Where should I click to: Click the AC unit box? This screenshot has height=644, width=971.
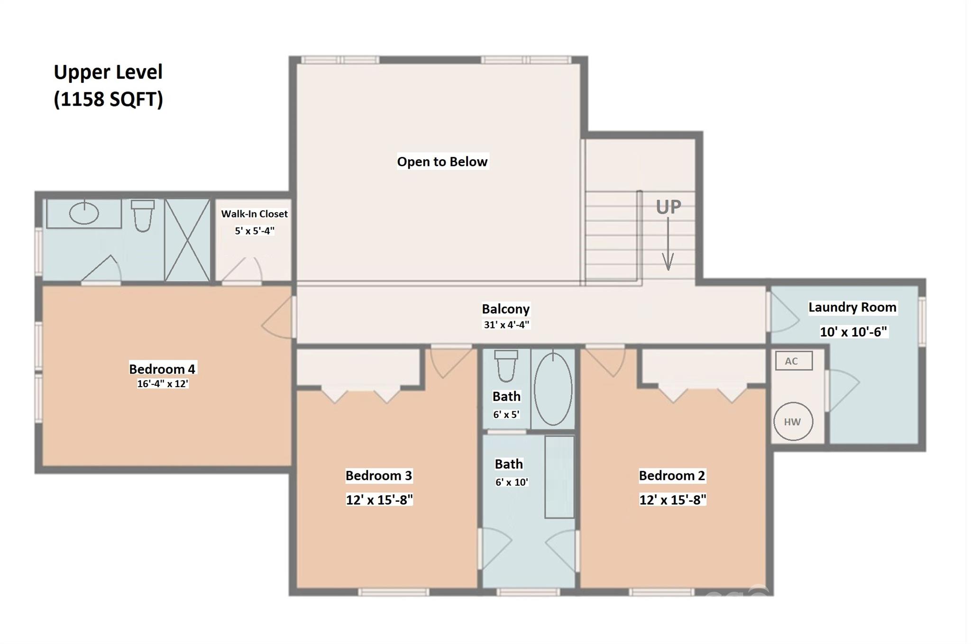[794, 361]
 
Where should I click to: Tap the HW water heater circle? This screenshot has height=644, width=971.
[793, 421]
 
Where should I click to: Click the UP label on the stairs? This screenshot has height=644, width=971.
[669, 207]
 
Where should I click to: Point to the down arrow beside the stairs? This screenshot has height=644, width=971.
[668, 244]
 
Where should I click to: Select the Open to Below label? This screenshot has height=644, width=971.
[442, 162]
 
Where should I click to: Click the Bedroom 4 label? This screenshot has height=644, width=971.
[162, 369]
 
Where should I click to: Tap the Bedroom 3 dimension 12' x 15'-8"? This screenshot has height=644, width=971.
[379, 499]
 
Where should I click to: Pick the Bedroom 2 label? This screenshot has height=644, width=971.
[672, 475]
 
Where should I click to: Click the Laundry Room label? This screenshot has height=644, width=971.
[852, 307]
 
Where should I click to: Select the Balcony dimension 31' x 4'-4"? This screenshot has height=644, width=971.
[506, 325]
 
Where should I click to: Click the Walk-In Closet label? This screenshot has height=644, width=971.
[255, 214]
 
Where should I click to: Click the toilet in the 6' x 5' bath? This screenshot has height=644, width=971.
[506, 365]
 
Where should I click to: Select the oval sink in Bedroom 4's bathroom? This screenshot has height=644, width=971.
[84, 213]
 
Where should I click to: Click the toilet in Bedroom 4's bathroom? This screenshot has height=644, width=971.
[143, 216]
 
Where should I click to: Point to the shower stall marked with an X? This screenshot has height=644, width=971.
[187, 240]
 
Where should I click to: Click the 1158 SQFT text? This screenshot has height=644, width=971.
[109, 99]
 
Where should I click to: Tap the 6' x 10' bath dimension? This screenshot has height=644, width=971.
[512, 482]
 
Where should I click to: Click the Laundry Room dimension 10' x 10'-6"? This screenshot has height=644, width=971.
[853, 332]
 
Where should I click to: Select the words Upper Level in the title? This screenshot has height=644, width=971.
[108, 72]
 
